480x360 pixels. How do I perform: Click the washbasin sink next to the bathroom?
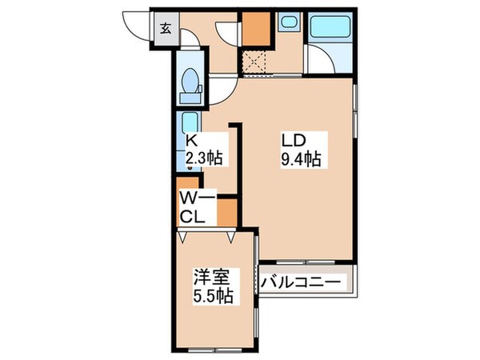(287, 25)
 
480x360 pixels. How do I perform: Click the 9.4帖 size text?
(301, 159)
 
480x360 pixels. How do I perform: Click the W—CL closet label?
(194, 206)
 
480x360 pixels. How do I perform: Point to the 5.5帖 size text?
(212, 297)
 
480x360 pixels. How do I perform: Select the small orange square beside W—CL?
(226, 210)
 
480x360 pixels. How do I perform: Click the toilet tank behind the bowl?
(190, 98)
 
